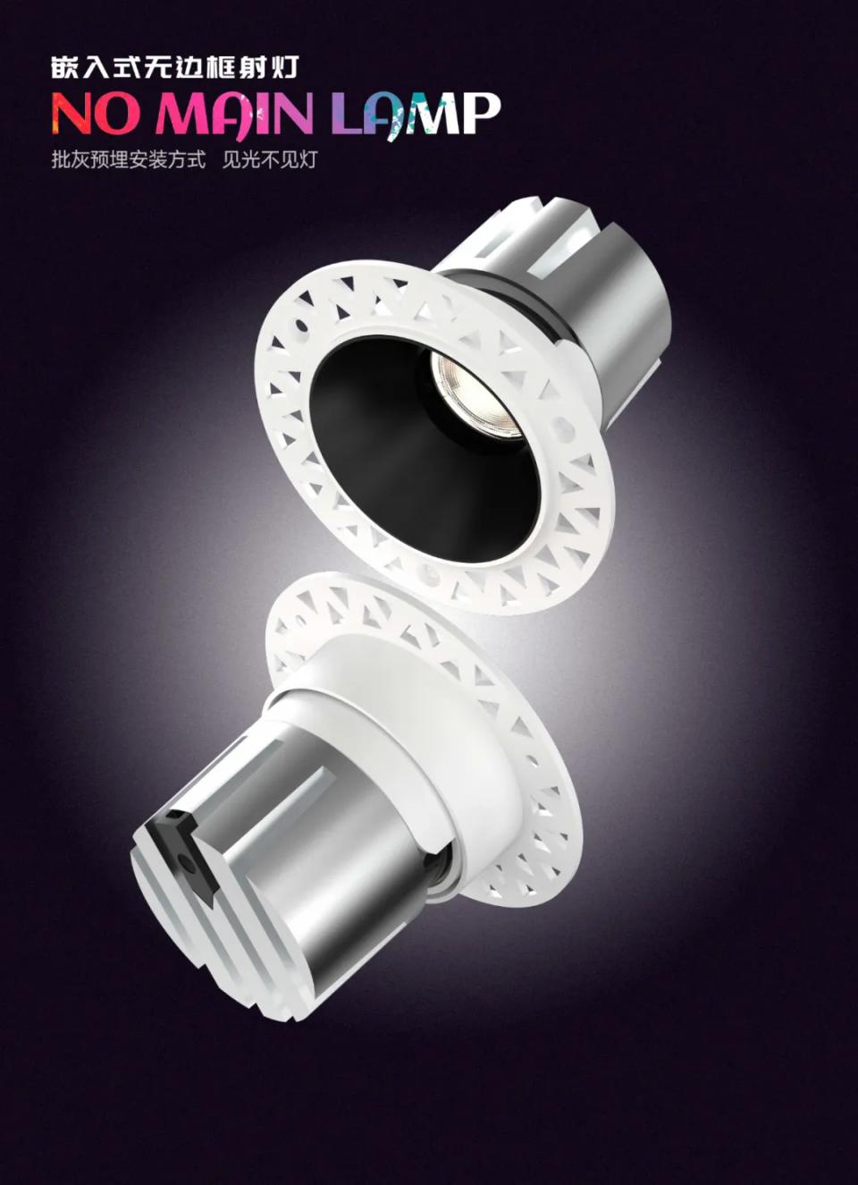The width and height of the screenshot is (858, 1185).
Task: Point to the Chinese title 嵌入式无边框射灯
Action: coord(175,67)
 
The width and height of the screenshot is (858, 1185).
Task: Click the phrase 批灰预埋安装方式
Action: coord(129,159)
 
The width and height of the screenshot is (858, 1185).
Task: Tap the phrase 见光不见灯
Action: coord(269,159)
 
